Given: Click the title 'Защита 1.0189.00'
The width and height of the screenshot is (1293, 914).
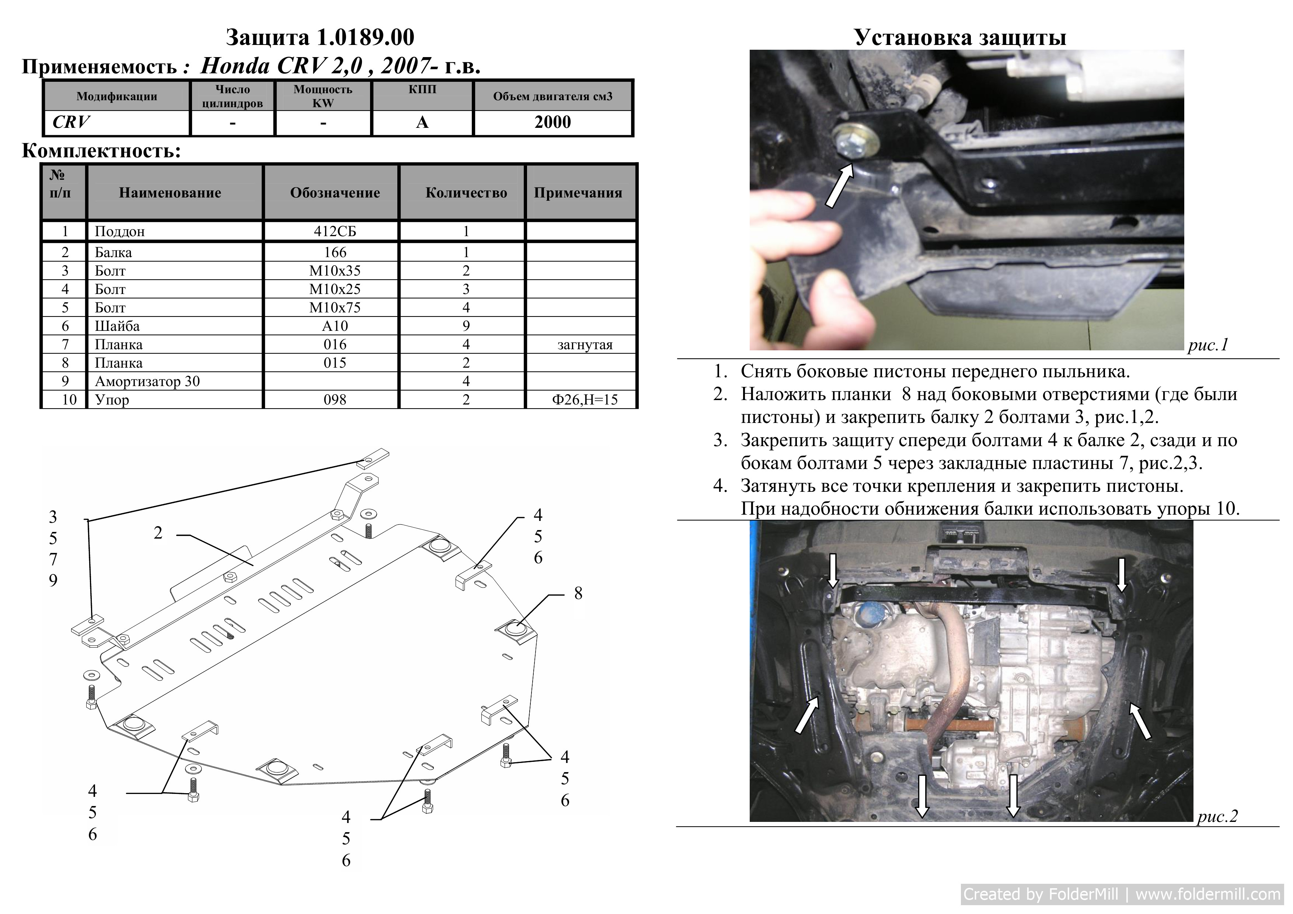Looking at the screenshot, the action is coord(320,38).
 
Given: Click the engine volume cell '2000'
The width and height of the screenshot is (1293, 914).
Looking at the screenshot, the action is coord(553,122).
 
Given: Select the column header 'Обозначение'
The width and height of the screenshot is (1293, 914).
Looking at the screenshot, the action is coord(335,192).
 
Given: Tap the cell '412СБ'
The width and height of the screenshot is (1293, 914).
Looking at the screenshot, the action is coord(335,231).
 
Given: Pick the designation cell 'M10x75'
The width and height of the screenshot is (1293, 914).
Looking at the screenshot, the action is coord(335,307).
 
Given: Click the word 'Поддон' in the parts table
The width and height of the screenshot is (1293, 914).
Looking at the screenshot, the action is coord(119,231).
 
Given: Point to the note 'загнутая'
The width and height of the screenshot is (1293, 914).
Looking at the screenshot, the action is coord(585,344).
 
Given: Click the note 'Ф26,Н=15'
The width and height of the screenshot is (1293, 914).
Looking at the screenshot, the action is coord(585,400).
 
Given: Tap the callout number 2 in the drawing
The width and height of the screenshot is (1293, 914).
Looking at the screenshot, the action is coord(158,532).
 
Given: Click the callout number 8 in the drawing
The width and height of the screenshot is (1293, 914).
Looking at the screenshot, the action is coord(578,593).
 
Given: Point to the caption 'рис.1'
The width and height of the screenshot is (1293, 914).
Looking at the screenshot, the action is coord(1208,345).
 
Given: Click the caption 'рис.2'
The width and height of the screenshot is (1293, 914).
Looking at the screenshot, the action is coord(1217,816).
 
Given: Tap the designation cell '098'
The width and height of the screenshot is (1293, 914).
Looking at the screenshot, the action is coord(335,400).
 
